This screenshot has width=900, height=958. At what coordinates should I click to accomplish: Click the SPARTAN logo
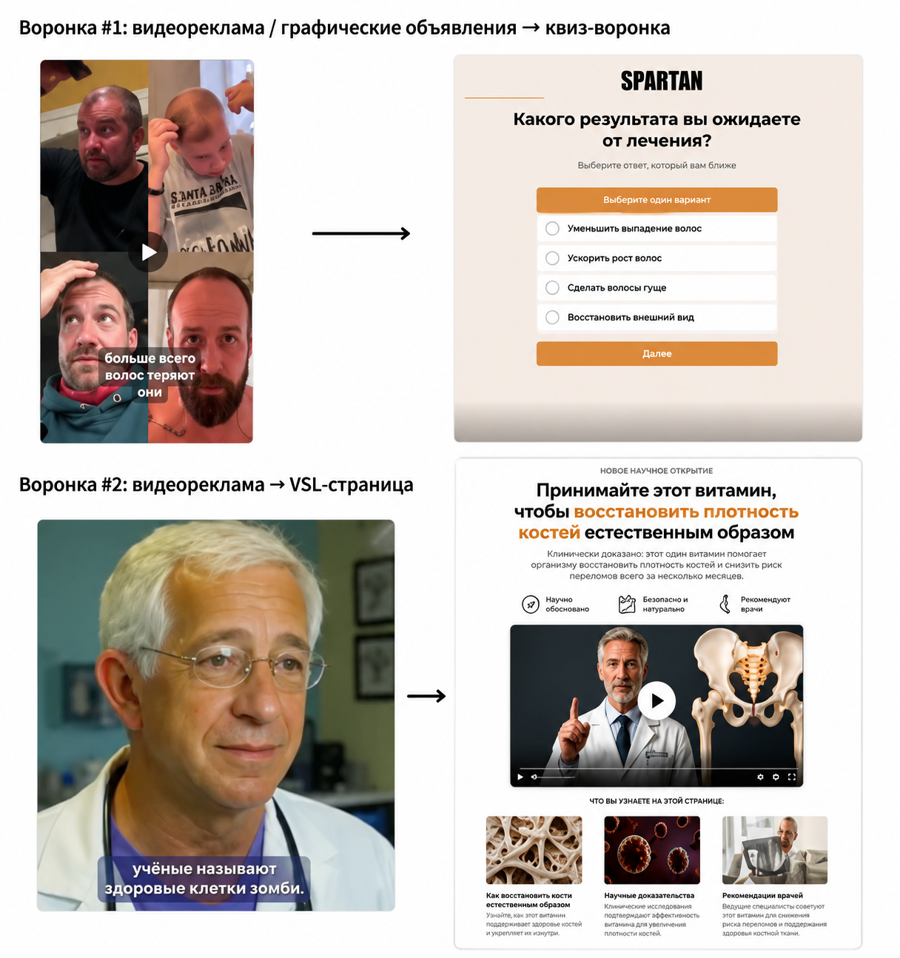[661, 81]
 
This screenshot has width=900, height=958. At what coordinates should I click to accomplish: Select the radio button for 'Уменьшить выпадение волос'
[552, 228]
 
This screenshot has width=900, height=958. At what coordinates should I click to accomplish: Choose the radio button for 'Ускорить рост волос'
[552, 258]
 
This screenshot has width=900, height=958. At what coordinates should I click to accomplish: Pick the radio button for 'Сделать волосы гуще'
[552, 287]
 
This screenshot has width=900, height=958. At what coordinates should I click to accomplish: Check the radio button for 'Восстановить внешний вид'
[552, 317]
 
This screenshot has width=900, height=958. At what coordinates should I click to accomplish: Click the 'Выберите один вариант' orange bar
[656, 200]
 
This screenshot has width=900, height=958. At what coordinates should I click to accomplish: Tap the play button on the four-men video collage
[148, 252]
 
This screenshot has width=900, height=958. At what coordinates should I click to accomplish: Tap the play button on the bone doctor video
[656, 700]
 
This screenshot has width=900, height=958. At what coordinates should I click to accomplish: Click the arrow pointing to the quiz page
[360, 233]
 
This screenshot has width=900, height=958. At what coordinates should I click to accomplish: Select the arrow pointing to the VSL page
[426, 696]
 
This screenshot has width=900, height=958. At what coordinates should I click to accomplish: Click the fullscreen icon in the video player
[791, 777]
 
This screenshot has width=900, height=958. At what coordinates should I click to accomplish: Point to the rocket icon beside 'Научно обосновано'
[531, 604]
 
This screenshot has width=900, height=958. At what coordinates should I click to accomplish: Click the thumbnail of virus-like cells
[651, 850]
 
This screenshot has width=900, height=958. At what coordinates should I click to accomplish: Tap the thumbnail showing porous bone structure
[534, 850]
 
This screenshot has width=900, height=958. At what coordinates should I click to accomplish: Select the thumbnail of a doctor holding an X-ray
[775, 850]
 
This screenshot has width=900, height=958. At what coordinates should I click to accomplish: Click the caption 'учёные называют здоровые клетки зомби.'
[204, 878]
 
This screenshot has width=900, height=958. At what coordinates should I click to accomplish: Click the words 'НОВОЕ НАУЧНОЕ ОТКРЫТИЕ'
[656, 471]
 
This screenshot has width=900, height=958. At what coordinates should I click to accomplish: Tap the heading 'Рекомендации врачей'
[762, 895]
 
